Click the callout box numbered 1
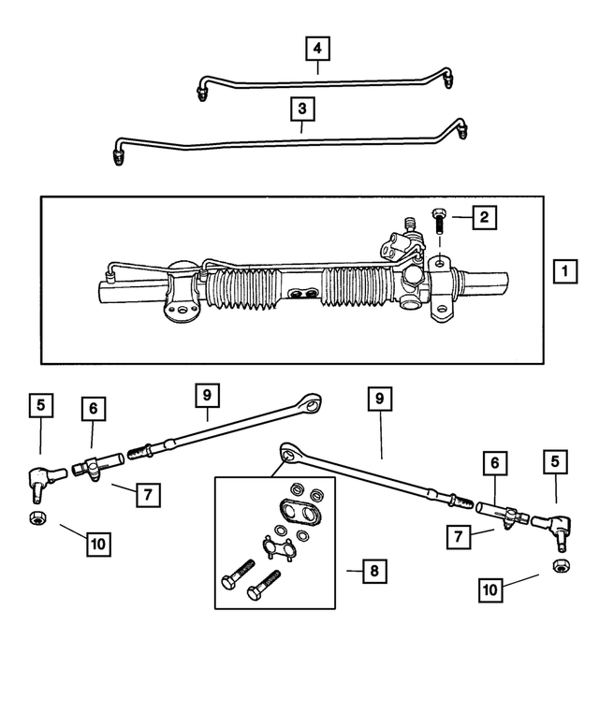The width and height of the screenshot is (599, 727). pyautogui.click(x=563, y=272)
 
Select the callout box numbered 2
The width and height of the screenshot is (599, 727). pyautogui.click(x=483, y=219)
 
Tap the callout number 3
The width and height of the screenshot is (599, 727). pyautogui.click(x=301, y=110)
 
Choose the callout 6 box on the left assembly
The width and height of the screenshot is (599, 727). pyautogui.click(x=93, y=409)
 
